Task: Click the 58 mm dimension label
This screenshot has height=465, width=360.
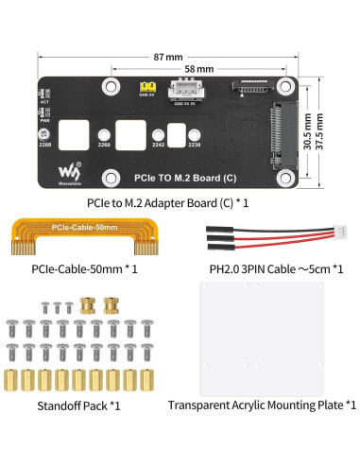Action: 198,70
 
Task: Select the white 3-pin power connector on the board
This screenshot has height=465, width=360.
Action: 182,89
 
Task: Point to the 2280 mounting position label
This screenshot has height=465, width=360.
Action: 45,146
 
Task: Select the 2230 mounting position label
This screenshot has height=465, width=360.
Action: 195,146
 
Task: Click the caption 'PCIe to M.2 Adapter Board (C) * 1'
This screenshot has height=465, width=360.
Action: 180,201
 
